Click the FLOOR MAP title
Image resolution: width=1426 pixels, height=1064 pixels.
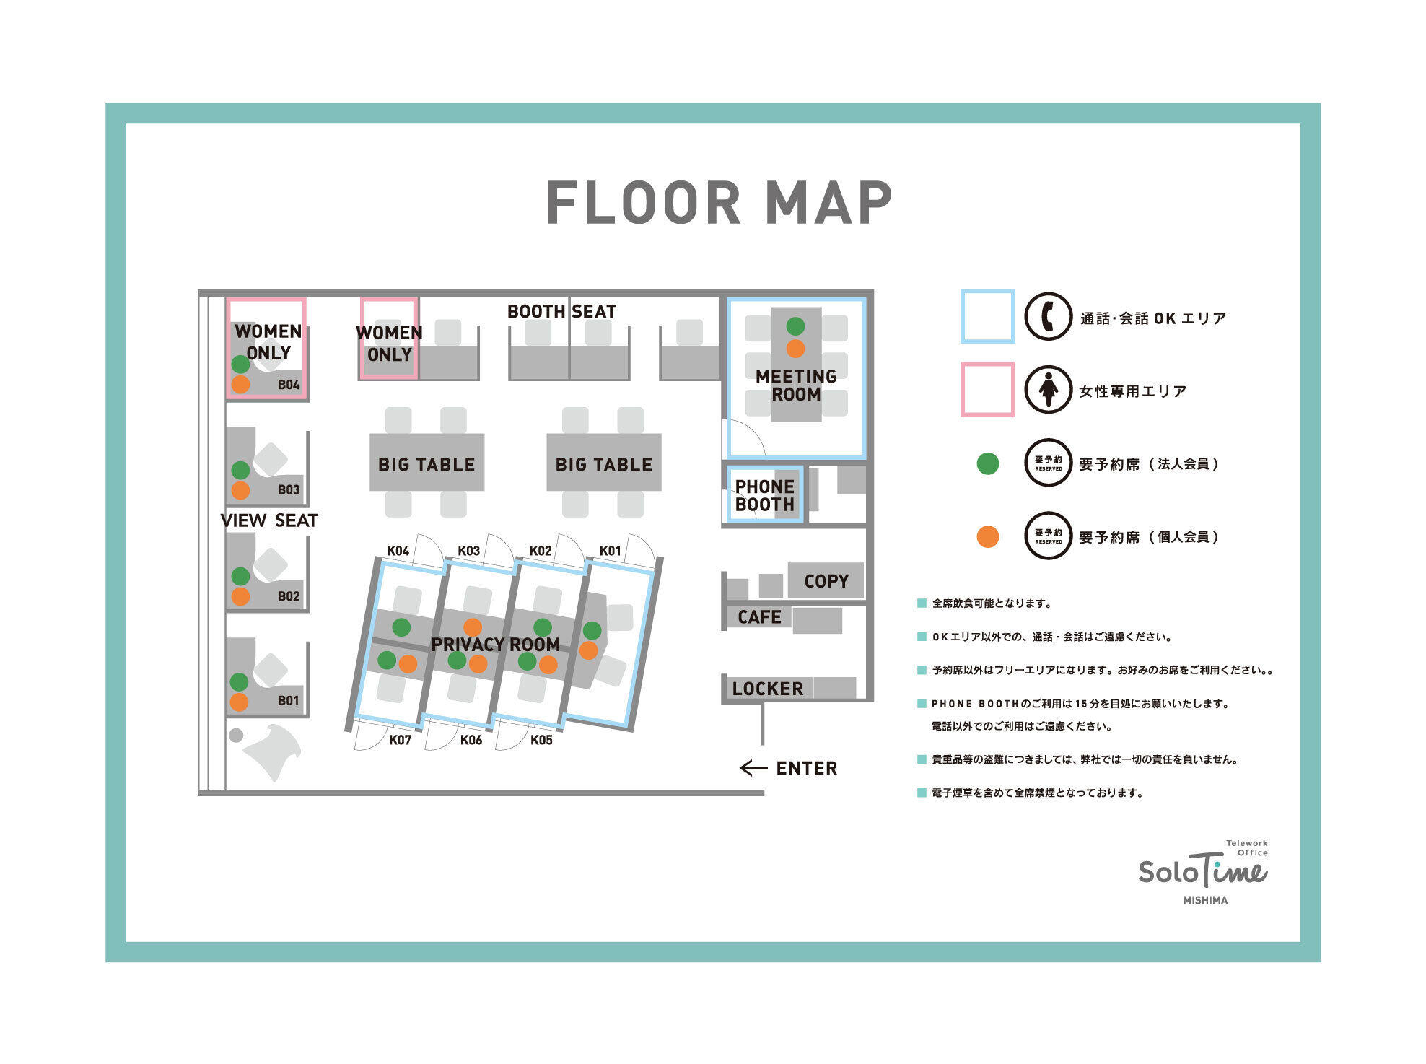point(719,203)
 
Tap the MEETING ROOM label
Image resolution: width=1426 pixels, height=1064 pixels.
point(796,385)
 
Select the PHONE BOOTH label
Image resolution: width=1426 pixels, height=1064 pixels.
point(764,496)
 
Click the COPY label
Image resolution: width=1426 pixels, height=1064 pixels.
point(826,581)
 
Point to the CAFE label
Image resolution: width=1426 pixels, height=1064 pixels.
point(759,617)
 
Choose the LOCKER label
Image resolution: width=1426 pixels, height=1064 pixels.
point(767,689)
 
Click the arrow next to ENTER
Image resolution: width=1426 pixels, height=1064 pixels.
point(753,768)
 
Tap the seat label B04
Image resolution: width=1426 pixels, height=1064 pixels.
point(289,385)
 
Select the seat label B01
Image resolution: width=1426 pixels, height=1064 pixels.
point(288,700)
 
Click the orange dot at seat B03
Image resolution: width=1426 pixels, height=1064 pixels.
point(240,491)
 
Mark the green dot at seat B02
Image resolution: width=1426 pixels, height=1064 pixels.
point(240,576)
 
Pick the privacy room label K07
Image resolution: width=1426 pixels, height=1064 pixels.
point(400,740)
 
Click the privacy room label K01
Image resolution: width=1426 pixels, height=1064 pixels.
point(611,551)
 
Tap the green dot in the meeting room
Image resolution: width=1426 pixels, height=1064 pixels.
point(795,326)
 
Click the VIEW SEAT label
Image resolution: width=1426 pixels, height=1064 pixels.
point(269,520)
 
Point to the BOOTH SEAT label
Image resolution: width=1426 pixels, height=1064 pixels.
point(561,312)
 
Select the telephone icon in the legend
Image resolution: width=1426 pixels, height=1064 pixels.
point(1049,316)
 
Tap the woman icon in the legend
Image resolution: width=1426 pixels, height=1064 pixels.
point(1049,390)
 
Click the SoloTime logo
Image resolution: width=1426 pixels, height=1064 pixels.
point(1204,871)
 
